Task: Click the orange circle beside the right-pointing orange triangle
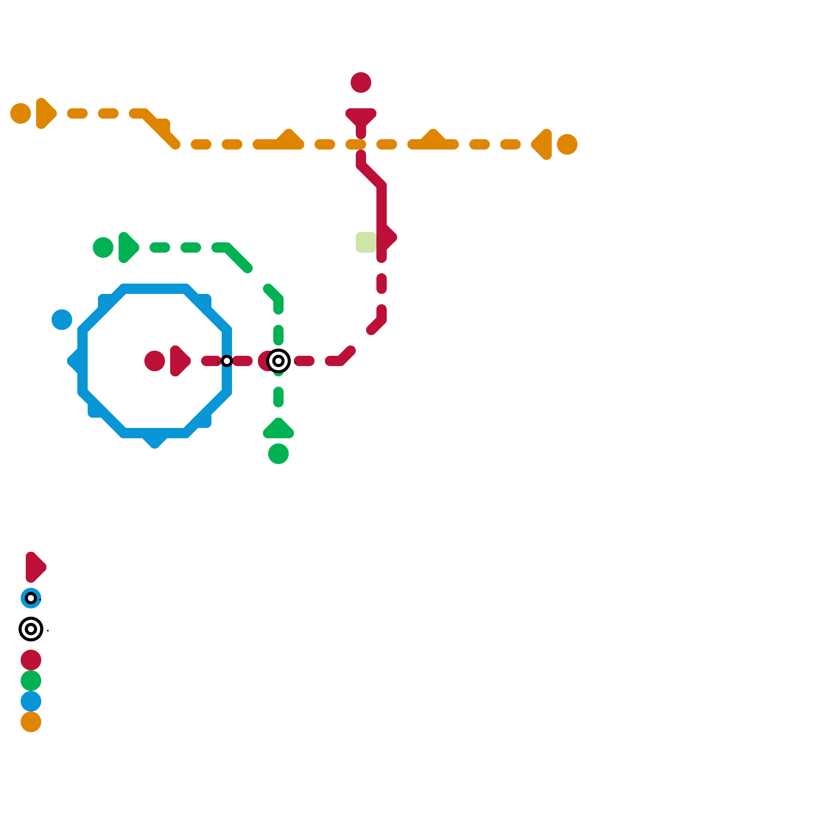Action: pyautogui.click(x=21, y=113)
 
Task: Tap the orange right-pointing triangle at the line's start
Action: pyautogui.click(x=45, y=113)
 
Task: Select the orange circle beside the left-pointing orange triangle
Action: pyautogui.click(x=567, y=144)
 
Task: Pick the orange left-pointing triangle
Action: pyautogui.click(x=543, y=144)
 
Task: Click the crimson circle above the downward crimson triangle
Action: pyautogui.click(x=361, y=82)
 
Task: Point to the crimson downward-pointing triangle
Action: pyautogui.click(x=361, y=117)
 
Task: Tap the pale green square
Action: pyautogui.click(x=366, y=242)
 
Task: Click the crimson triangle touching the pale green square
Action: pyautogui.click(x=388, y=237)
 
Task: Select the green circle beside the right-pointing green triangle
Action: pyautogui.click(x=103, y=247)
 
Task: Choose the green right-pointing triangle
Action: pyautogui.click(x=127, y=247)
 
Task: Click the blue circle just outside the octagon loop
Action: pyautogui.click(x=62, y=320)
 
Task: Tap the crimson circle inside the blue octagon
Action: pyautogui.click(x=155, y=361)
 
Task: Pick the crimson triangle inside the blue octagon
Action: pyautogui.click(x=179, y=361)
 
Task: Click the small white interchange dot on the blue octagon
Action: pyautogui.click(x=227, y=361)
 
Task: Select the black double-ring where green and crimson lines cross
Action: pyautogui.click(x=278, y=361)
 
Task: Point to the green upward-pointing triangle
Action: pyautogui.click(x=278, y=430)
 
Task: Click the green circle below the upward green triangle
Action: pyautogui.click(x=278, y=454)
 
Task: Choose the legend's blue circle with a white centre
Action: pyautogui.click(x=31, y=598)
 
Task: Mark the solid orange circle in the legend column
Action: pyautogui.click(x=31, y=722)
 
